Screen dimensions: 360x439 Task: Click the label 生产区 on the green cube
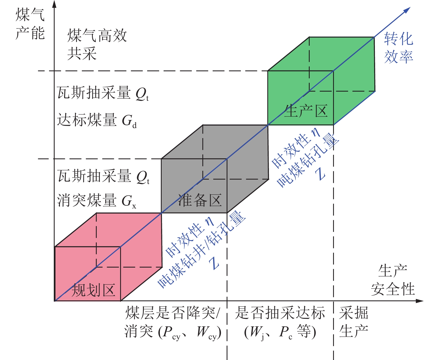click(306, 111)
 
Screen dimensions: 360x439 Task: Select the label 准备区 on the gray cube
click(200, 200)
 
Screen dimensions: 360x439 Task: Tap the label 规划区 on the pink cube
click(93, 290)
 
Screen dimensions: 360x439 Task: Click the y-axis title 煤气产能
click(30, 24)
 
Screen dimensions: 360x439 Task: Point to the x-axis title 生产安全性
click(393, 280)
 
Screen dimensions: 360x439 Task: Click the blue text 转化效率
click(398, 48)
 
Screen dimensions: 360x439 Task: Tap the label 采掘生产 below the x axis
click(353, 322)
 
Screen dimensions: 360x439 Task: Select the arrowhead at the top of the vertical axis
click(55, 4)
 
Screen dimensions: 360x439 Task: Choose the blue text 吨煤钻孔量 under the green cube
click(308, 160)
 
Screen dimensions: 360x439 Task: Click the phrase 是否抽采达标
click(280, 313)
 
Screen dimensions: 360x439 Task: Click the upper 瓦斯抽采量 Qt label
click(103, 93)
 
